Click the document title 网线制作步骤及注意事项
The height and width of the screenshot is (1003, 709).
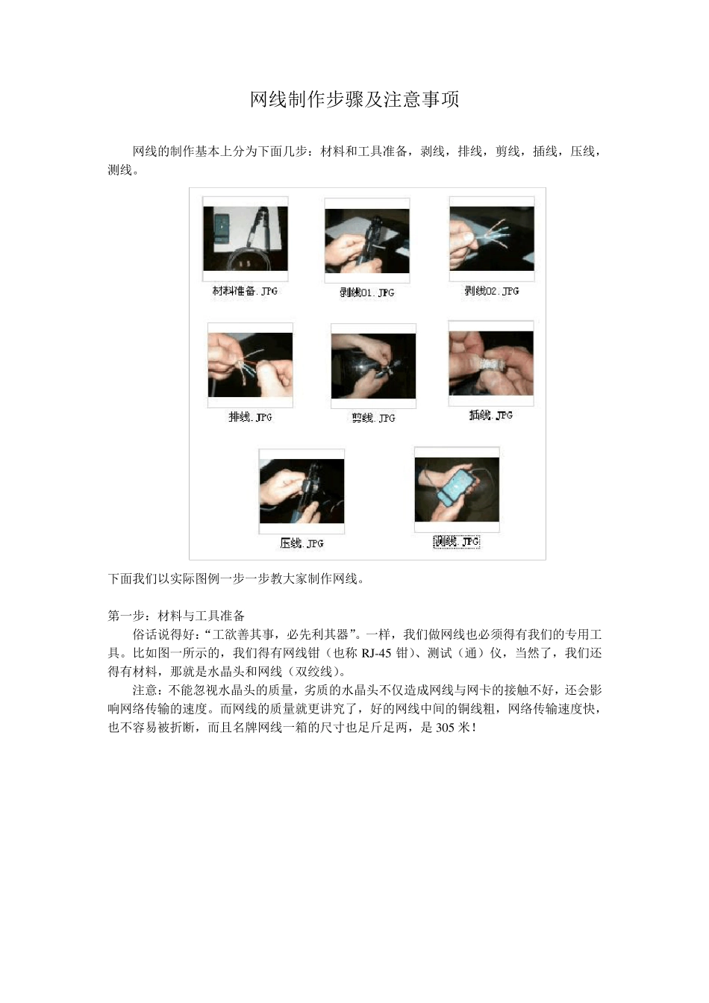[x=354, y=99]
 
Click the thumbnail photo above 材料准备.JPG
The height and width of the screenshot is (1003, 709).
[x=246, y=239]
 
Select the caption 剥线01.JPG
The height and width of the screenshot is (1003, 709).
[x=366, y=293]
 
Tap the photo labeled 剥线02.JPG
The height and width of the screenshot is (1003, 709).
[x=491, y=239]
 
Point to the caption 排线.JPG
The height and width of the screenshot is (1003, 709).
[x=250, y=416]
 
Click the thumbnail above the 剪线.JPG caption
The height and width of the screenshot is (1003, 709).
[x=373, y=366]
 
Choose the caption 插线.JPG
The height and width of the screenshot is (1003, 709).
[x=490, y=415]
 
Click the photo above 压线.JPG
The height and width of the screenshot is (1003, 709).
[x=302, y=491]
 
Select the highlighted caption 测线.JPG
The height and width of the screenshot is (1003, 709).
[x=456, y=542]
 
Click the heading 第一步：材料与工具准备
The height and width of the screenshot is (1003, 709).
[x=176, y=616]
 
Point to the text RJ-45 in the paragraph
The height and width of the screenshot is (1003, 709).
[x=378, y=653]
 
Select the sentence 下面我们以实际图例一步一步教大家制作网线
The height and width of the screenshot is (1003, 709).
[x=236, y=578]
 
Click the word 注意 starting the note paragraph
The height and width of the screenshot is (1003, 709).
[x=145, y=690]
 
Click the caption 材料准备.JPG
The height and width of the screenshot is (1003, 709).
[x=245, y=291]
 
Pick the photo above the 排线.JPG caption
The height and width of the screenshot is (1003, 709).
[x=250, y=365]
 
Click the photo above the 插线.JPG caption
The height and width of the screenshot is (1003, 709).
[x=491, y=363]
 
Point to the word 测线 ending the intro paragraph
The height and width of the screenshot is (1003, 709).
[x=120, y=170]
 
